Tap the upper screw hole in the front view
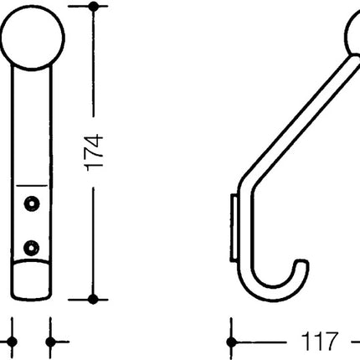pos(33,202)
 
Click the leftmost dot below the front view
pos(13,342)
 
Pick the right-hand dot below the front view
pos(52,342)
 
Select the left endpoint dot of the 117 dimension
pos(234,342)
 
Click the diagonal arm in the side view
pos(293,117)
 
